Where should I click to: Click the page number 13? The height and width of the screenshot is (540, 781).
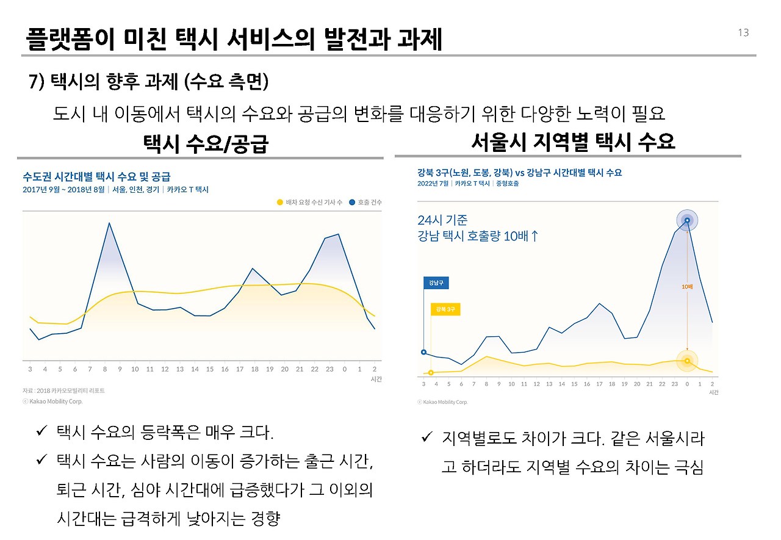click(743, 33)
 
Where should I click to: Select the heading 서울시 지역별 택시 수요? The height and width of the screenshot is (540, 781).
click(573, 142)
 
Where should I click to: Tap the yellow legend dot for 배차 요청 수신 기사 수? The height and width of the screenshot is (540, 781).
click(279, 202)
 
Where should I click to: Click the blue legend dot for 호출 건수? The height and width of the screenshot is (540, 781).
click(352, 202)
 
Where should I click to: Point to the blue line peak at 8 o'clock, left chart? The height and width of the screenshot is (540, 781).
click(109, 223)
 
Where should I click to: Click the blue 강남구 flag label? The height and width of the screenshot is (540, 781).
click(436, 283)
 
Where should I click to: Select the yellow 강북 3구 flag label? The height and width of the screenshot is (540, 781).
click(445, 310)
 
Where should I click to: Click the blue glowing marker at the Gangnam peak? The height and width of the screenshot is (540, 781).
click(687, 220)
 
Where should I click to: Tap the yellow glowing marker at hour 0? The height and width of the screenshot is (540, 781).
click(687, 361)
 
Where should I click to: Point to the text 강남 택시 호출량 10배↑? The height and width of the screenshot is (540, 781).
click(478, 236)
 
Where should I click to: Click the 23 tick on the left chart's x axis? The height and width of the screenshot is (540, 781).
click(329, 369)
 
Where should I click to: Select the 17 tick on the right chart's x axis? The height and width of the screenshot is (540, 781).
click(599, 384)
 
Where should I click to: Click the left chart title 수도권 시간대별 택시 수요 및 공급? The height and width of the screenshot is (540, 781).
click(96, 177)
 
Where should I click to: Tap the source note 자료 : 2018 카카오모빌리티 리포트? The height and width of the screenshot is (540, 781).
click(63, 391)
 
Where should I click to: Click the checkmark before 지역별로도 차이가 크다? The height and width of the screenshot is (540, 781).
click(427, 438)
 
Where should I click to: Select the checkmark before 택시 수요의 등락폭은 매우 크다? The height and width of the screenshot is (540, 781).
click(41, 433)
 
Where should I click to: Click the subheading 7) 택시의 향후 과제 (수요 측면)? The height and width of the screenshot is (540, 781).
click(149, 81)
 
